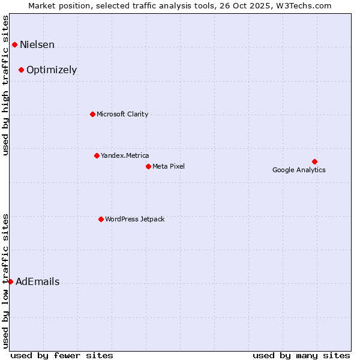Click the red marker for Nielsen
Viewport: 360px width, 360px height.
(x=14, y=44)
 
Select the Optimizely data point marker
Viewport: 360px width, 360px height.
(x=21, y=70)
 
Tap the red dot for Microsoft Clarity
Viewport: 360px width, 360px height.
(x=92, y=114)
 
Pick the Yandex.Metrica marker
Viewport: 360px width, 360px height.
(x=97, y=155)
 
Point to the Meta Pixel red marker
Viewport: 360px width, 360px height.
(x=148, y=166)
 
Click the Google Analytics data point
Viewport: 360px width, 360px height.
(x=314, y=161)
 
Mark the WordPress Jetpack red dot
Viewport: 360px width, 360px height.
(x=101, y=219)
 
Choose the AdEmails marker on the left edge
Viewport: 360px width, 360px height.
(x=10, y=281)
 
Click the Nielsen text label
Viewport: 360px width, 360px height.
(x=37, y=45)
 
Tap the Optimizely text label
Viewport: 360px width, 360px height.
(x=52, y=70)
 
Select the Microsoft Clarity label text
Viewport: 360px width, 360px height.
(x=122, y=115)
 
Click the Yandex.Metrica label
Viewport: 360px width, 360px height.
(x=125, y=156)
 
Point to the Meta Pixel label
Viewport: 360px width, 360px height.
(x=169, y=167)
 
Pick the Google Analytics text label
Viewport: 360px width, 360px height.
(x=299, y=170)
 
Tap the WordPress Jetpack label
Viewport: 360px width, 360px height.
(x=134, y=220)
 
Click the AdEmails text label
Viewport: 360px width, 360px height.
(x=37, y=282)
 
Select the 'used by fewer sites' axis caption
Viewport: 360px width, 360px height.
(x=62, y=356)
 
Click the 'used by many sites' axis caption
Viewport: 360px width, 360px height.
(x=301, y=356)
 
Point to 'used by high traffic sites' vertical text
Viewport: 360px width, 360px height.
(x=6, y=86)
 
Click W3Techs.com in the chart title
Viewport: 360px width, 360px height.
(x=305, y=6)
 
